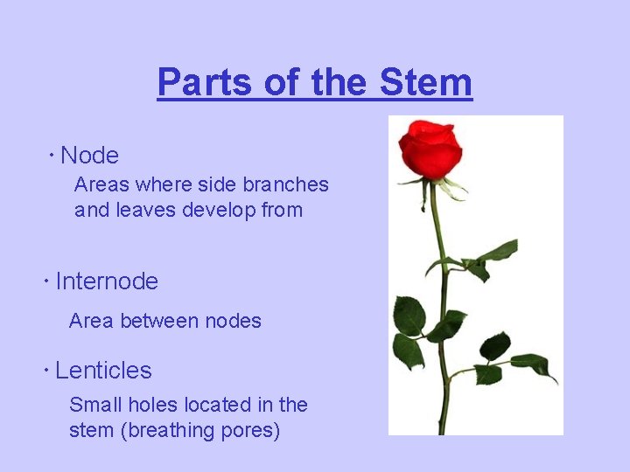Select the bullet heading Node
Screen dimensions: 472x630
coord(90,156)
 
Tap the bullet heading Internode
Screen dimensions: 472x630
coord(107,281)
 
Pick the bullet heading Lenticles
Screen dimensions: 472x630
coord(103,371)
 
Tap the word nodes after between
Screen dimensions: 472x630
coord(233,321)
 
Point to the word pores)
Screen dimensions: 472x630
coord(250,431)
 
